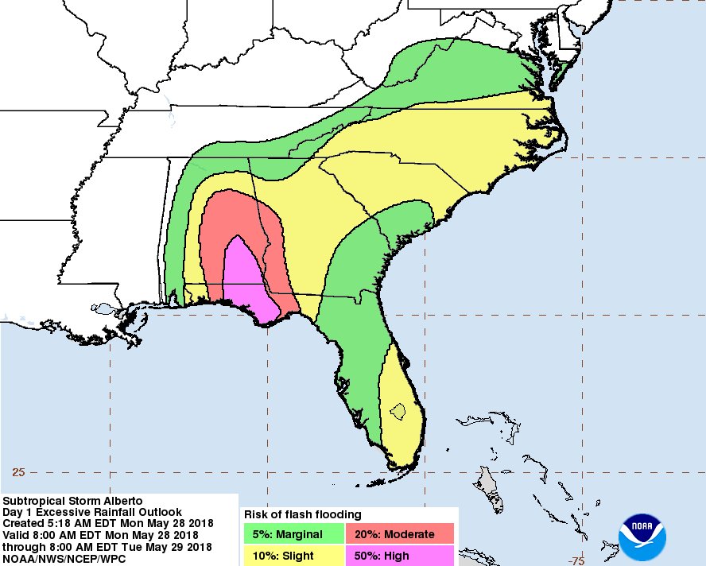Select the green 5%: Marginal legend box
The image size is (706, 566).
[x=293, y=534]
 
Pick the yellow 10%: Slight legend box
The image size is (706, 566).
[x=293, y=555]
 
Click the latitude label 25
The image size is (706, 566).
[x=18, y=472]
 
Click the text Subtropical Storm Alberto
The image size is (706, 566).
[x=73, y=501]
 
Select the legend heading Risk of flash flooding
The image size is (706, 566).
[x=303, y=514]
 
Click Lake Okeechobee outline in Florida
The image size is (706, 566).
[x=398, y=412]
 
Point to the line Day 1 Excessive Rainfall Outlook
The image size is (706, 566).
[x=92, y=513]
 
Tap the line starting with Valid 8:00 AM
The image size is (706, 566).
[x=100, y=536]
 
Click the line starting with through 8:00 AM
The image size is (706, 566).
[x=107, y=548]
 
